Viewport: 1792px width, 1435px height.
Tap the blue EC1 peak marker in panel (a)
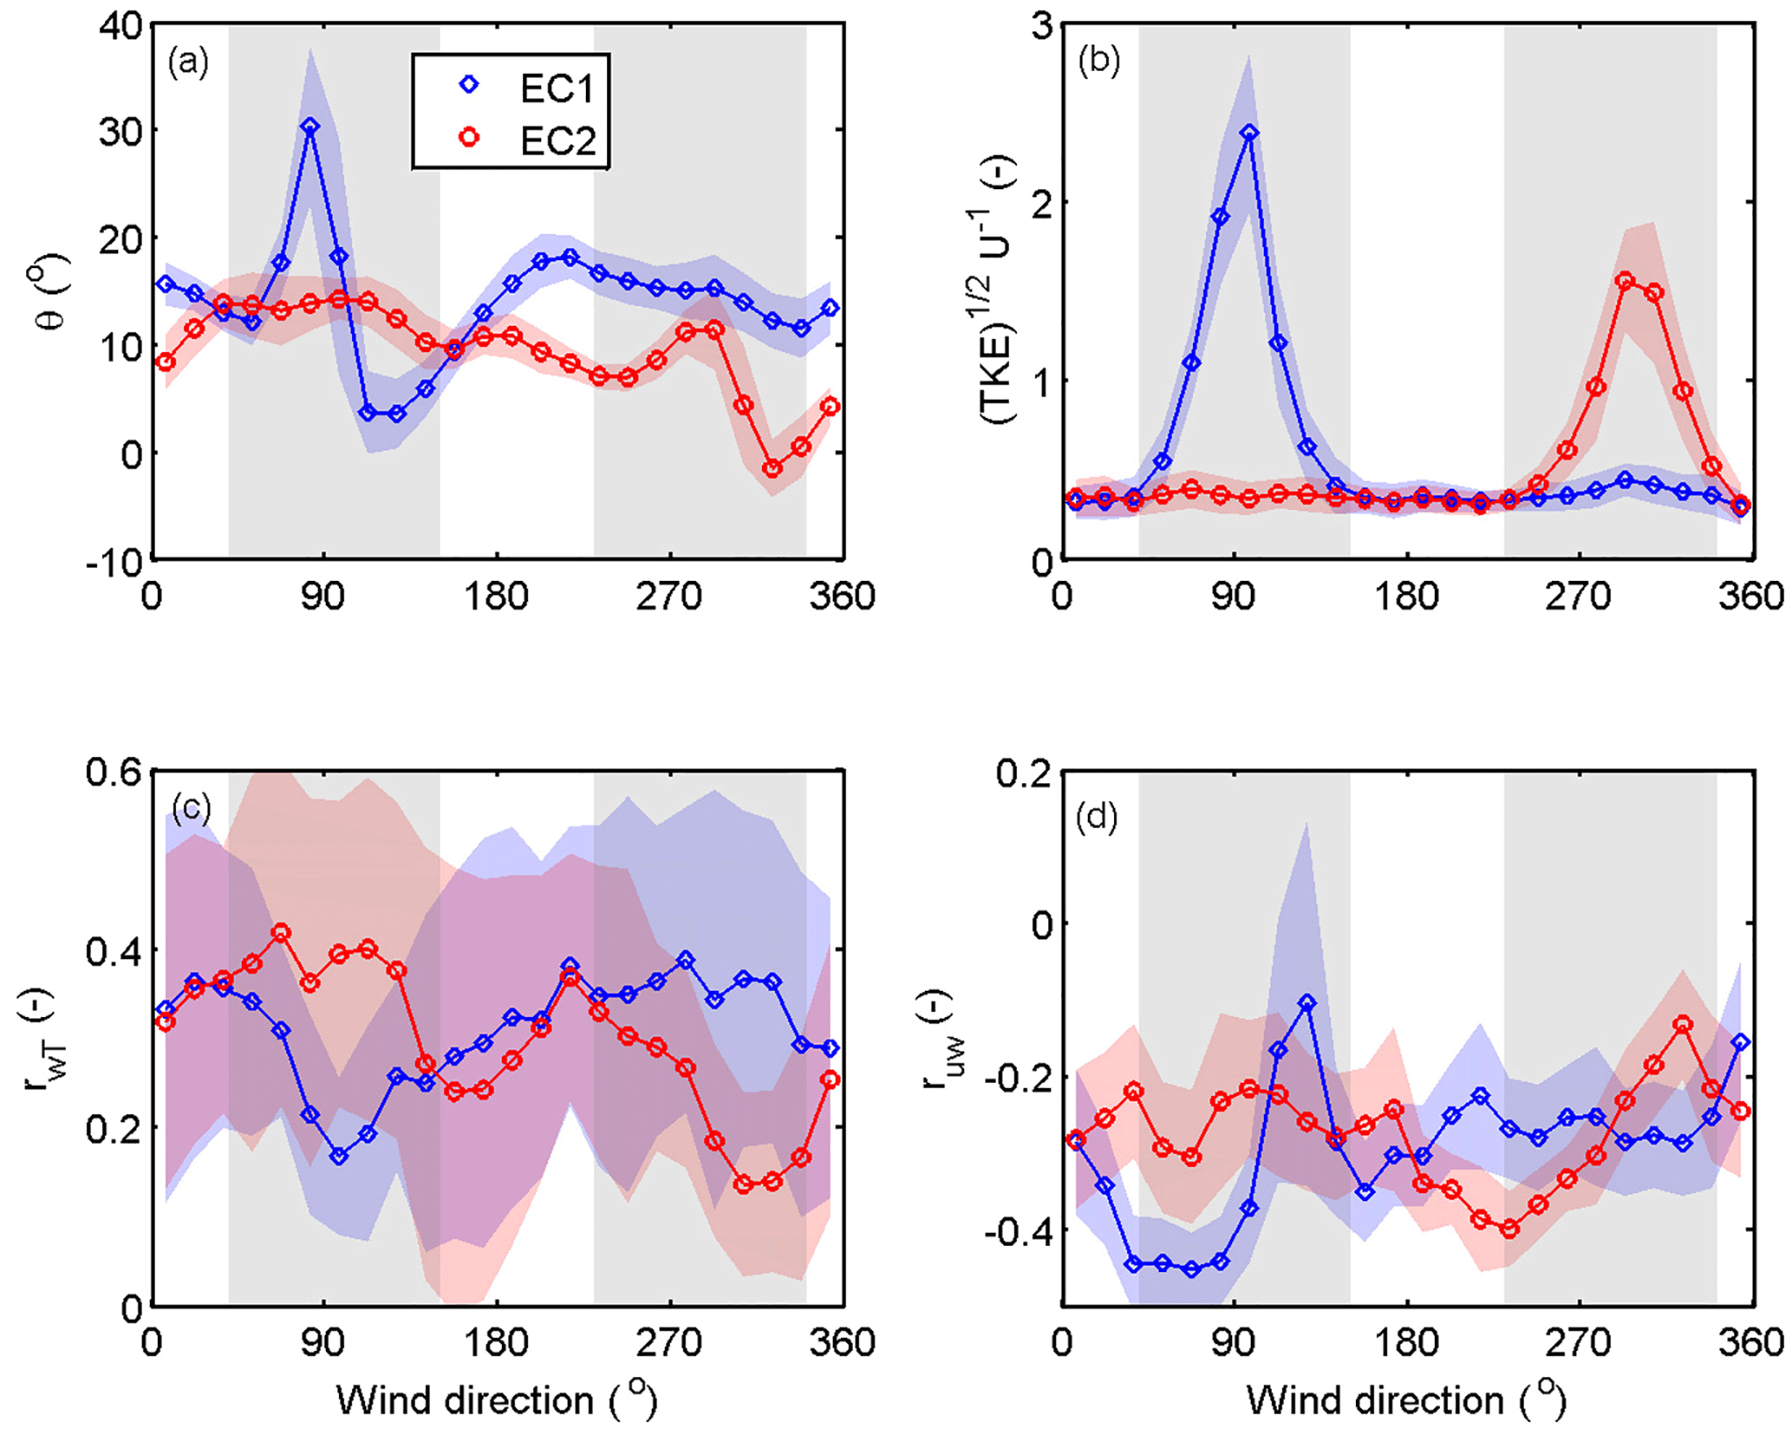[310, 127]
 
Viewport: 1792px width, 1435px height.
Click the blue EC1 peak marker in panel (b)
[1248, 133]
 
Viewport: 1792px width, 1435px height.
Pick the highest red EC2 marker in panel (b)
[1626, 280]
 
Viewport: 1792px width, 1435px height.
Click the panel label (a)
[188, 62]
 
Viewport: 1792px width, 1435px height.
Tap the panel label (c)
[192, 808]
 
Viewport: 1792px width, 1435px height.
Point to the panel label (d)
[1097, 817]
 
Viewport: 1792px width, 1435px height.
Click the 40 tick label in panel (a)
[120, 26]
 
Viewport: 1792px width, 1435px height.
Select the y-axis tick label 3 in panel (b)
[1041, 26]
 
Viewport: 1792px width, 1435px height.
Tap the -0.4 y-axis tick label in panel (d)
[1019, 1230]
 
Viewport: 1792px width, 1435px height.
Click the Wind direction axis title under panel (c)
[497, 1399]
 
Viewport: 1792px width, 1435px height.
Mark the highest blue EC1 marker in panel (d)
[1307, 1003]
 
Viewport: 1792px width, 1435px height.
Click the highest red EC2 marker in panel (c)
[281, 933]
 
